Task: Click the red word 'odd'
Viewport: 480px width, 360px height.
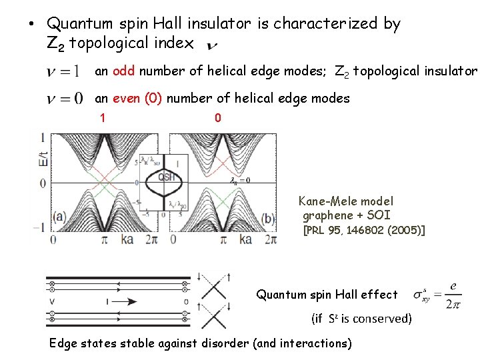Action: pyautogui.click(x=123, y=71)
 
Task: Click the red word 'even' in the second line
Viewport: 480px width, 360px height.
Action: pyautogui.click(x=127, y=99)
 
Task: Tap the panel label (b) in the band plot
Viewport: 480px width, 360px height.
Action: pyautogui.click(x=267, y=218)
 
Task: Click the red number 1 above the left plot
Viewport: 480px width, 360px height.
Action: pyautogui.click(x=103, y=118)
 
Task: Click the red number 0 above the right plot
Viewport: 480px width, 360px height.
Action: pyautogui.click(x=217, y=118)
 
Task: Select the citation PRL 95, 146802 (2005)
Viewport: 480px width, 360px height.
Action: pyautogui.click(x=364, y=231)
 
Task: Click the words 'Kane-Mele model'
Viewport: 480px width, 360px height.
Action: pyautogui.click(x=346, y=201)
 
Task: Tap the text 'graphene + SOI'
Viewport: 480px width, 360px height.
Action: pyautogui.click(x=346, y=215)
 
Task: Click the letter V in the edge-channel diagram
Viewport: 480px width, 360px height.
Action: pyautogui.click(x=51, y=302)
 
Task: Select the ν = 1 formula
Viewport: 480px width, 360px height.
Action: pyautogui.click(x=63, y=71)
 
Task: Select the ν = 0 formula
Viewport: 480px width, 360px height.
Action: pyautogui.click(x=64, y=99)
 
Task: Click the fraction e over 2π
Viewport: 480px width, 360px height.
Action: pyautogui.click(x=453, y=295)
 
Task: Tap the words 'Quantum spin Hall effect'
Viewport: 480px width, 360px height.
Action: pyautogui.click(x=327, y=295)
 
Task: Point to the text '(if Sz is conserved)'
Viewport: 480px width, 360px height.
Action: pyautogui.click(x=361, y=319)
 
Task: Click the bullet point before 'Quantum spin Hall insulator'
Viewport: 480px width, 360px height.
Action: pyautogui.click(x=31, y=25)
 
